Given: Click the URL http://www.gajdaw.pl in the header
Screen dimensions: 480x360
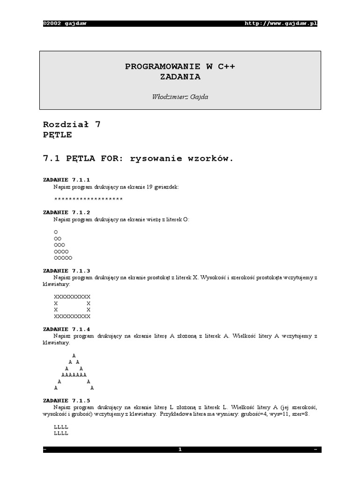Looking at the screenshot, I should pos(281,24).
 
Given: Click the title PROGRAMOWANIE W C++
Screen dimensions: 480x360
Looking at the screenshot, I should pos(180,67).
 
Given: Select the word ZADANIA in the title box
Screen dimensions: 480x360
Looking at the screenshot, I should pos(180,76).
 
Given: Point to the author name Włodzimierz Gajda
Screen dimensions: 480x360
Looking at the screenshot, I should pos(180,97).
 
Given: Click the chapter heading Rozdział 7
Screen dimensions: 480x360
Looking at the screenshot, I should pos(72,125).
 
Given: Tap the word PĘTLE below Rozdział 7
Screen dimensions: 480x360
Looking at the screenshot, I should pos(57,135).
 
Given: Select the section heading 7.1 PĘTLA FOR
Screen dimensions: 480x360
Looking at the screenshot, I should pos(138,158).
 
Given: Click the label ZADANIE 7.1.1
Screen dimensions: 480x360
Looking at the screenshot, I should pos(66,180).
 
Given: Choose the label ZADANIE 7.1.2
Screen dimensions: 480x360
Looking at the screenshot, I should pos(66,212).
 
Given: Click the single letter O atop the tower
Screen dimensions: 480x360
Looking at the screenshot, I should pos(56,232).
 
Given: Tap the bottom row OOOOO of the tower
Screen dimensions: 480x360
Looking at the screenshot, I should pos(63,258).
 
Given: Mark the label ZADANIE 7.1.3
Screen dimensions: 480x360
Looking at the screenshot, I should pos(66,270).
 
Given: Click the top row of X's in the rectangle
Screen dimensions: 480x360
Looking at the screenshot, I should pos(72,297).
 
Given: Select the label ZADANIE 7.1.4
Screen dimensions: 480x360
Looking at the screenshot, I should pos(66,329).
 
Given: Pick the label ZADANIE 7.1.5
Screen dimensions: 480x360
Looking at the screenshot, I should pos(66,400).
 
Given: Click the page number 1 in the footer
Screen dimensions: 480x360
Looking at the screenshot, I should pos(180,450).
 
